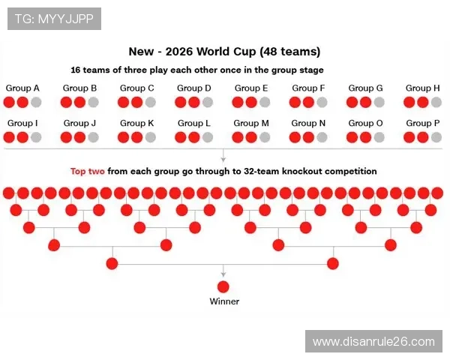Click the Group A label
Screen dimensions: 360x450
coord(22,88)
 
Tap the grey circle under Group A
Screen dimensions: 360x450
coord(36,102)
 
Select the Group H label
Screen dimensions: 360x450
coord(423,88)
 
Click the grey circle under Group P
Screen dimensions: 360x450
coord(436,137)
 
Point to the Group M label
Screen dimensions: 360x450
coord(251,123)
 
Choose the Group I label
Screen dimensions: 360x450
coord(22,123)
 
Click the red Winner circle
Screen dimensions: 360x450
coord(223,286)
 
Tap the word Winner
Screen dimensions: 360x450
coord(223,302)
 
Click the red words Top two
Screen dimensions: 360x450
coord(88,171)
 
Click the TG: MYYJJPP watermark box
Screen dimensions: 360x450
coord(54,19)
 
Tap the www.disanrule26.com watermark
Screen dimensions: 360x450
coord(373,341)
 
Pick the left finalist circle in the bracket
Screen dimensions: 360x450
coord(112,263)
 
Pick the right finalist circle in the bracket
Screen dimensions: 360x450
coord(334,263)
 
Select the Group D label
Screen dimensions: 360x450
coord(194,88)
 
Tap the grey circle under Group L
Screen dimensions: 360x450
coord(208,137)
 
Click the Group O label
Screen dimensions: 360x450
coord(365,123)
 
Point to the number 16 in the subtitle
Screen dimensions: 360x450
coord(76,70)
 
